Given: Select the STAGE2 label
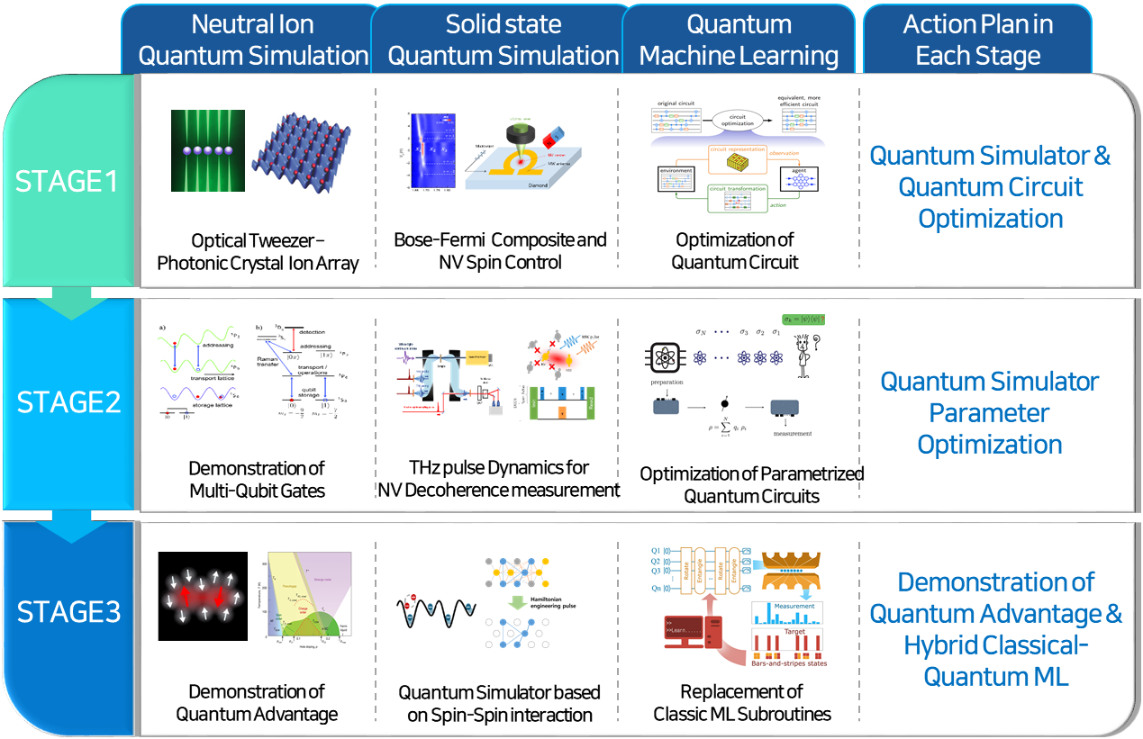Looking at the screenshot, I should (68, 401).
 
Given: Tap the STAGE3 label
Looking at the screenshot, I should (68, 612).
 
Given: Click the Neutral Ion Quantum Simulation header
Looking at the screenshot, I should (253, 41).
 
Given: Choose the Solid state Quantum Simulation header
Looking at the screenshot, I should (503, 41).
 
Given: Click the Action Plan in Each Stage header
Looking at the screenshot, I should (977, 41).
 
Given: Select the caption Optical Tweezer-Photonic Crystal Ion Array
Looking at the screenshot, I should (258, 252).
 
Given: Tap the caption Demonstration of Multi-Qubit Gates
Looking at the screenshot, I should (257, 479).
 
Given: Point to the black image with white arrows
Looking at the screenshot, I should (202, 596).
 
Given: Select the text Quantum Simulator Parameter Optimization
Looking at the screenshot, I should (989, 413).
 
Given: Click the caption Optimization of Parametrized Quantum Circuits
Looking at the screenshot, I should (751, 484).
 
